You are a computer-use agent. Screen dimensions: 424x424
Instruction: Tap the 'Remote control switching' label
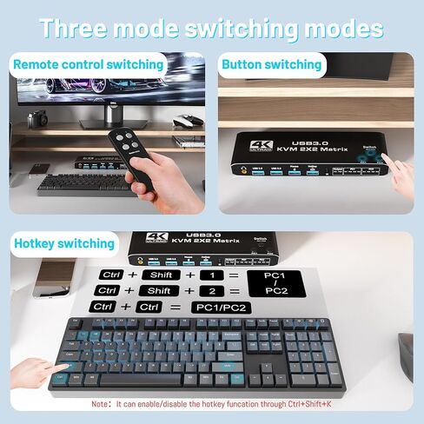click(x=89, y=64)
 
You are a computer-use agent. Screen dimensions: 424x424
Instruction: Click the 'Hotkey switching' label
click(x=64, y=243)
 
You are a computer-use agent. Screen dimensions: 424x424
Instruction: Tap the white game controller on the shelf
click(x=185, y=140)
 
